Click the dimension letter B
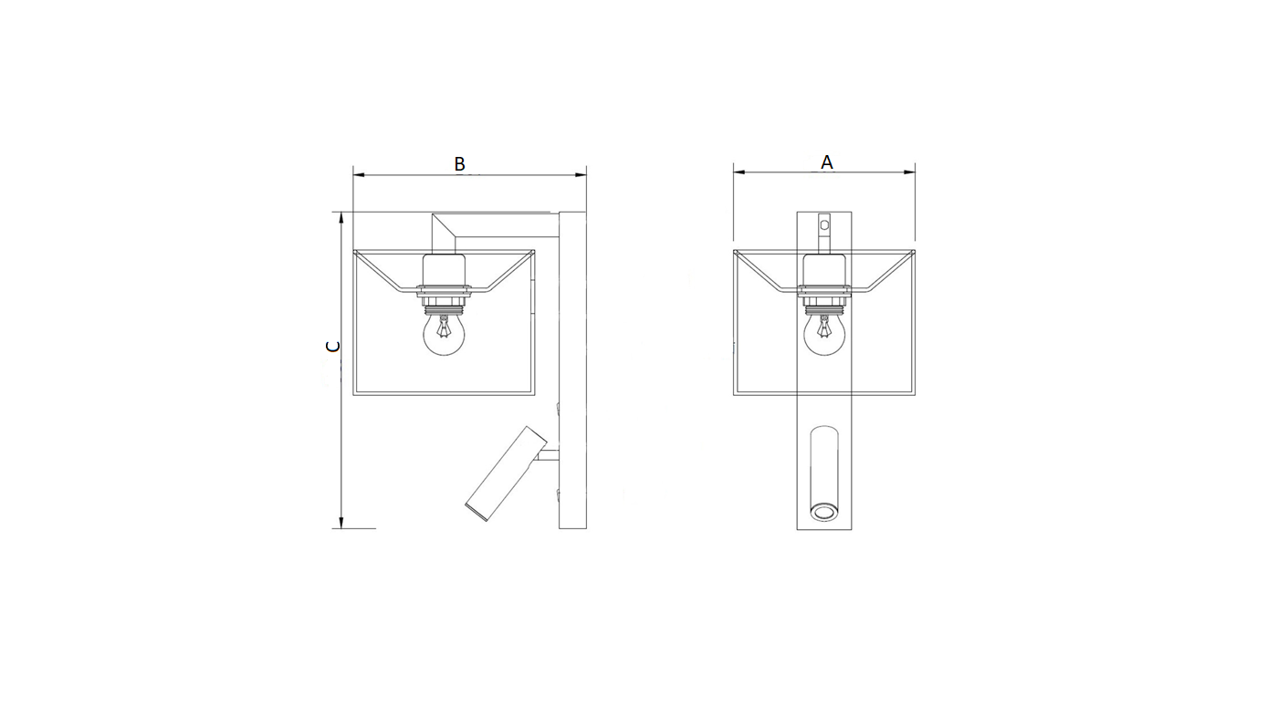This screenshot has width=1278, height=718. (459, 163)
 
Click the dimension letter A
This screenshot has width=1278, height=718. (826, 162)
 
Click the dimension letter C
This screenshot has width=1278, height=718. (332, 346)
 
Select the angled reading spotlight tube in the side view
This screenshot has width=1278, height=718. (506, 473)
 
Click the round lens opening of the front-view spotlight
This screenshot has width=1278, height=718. (824, 512)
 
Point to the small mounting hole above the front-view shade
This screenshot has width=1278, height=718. (823, 224)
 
